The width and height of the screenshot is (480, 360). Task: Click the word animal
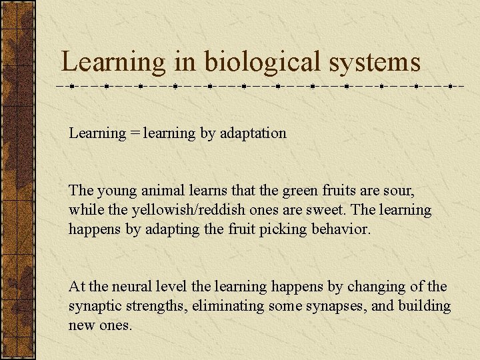(x=166, y=191)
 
